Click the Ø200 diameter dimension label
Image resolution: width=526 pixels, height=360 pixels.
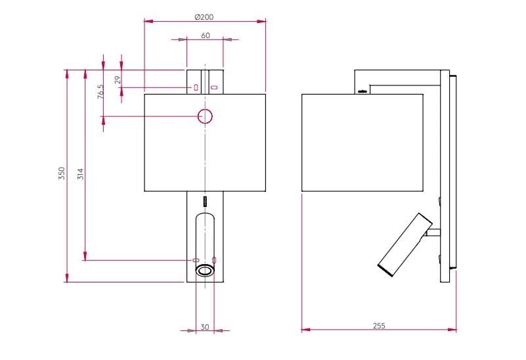coord(204,16)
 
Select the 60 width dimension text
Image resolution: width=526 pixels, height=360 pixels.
coord(206,35)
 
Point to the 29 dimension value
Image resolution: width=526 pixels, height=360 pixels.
coord(118,79)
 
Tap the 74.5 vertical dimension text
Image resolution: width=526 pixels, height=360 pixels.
coord(100,91)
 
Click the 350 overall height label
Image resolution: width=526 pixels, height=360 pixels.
coord(62,173)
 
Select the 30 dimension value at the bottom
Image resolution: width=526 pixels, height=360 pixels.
coord(205,326)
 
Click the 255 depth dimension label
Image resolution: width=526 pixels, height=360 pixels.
coord(379,325)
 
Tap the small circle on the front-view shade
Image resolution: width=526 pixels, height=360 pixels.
coord(206,117)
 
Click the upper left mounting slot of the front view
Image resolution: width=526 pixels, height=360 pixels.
coord(196,87)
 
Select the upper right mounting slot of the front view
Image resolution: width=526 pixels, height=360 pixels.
coord(214,87)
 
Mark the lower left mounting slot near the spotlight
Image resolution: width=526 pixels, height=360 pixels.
coord(195,260)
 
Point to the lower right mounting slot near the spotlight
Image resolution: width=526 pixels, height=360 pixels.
coord(215,260)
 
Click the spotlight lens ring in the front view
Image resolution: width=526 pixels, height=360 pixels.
coord(205,270)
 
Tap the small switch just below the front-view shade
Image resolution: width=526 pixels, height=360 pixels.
coord(205,200)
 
